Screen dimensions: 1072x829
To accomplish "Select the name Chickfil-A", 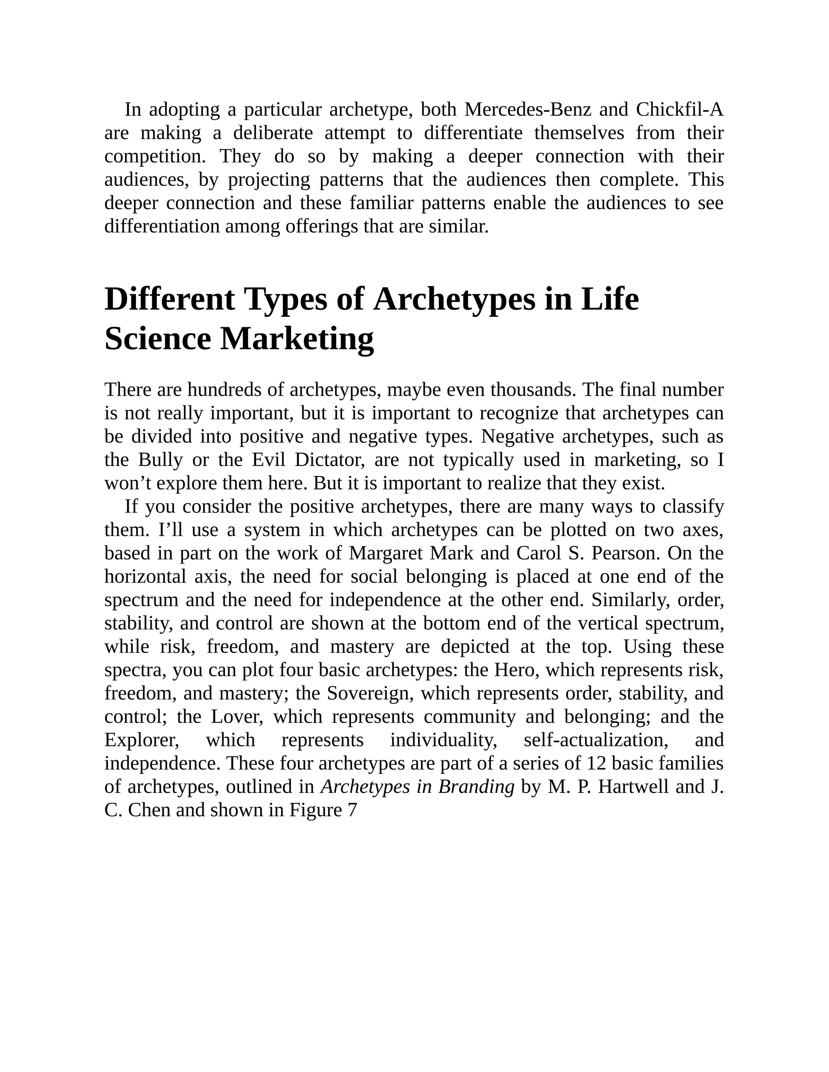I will click(679, 110).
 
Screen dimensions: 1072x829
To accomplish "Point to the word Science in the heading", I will click(157, 339).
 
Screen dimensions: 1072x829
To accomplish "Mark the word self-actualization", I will click(593, 740).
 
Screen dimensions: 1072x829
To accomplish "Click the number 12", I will click(596, 763).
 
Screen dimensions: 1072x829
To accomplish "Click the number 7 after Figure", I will click(352, 810).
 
